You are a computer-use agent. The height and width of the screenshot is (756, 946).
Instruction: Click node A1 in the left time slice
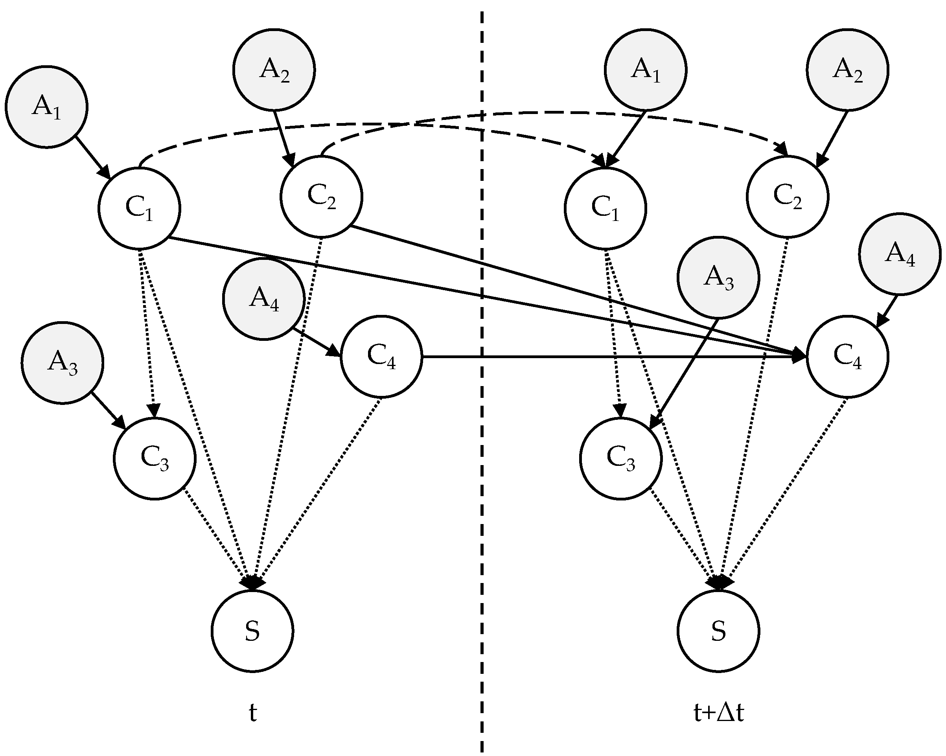(x=46, y=107)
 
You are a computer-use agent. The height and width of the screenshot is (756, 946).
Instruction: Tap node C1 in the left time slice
(x=139, y=208)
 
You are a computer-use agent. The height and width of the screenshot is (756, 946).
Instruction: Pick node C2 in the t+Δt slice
(x=788, y=197)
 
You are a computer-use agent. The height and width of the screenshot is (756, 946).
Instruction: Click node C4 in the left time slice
(x=381, y=357)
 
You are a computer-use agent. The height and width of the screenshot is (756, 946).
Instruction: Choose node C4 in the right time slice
(x=847, y=357)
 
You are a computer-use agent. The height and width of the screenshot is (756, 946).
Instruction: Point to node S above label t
(x=252, y=631)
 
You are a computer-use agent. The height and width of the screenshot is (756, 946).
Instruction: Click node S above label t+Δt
(x=718, y=631)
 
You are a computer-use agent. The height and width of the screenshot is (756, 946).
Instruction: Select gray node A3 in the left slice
(x=62, y=363)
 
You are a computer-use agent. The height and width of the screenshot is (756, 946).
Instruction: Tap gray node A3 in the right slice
(x=718, y=278)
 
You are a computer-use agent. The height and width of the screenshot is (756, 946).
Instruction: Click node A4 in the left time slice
(x=264, y=299)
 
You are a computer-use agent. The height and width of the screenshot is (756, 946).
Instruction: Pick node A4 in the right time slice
(x=900, y=254)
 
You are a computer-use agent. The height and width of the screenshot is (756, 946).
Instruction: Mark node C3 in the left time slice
(x=155, y=458)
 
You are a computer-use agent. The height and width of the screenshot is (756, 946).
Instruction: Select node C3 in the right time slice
(x=620, y=458)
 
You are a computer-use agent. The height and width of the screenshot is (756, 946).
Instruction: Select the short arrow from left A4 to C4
(x=315, y=342)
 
